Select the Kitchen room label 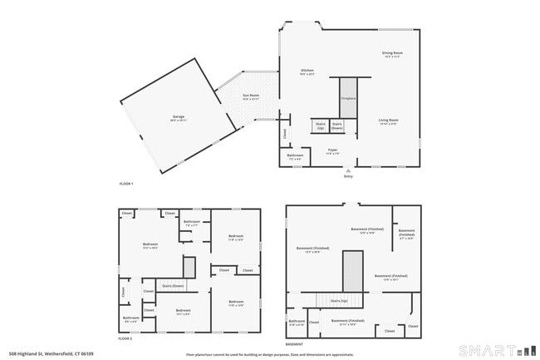point(307,72)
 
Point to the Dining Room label point(391,53)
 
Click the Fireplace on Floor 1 point(348,99)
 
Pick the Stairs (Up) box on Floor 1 point(321,126)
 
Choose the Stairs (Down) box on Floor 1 point(337,126)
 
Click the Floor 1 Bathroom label point(295,156)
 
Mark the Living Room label point(389,121)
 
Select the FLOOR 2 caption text point(125,339)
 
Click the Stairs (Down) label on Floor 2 point(173,285)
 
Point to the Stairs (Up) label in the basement point(338,301)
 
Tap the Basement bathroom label point(297,322)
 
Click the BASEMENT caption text point(294,344)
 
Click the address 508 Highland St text point(50,354)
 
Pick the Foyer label point(332,150)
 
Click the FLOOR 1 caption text point(125,183)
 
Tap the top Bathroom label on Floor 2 point(192,222)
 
